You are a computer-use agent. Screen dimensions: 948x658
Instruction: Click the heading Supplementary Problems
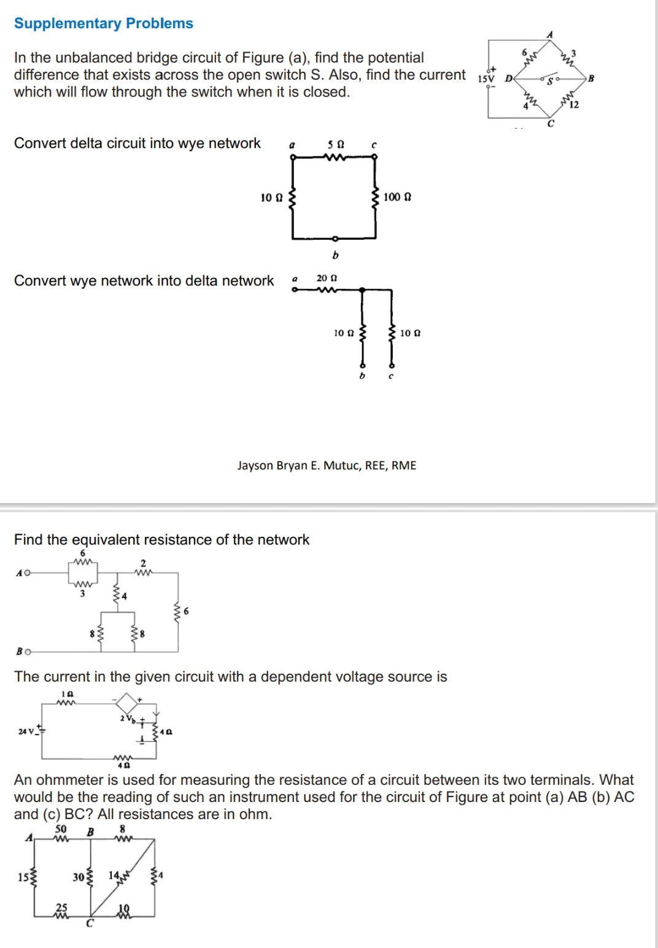click(103, 23)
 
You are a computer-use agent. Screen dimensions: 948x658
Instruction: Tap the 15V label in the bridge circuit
click(486, 79)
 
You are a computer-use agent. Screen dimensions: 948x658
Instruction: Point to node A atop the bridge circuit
click(550, 35)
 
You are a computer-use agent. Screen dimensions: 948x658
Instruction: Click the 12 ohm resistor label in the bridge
click(574, 105)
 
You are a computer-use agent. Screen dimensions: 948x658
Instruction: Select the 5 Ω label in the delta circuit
click(336, 145)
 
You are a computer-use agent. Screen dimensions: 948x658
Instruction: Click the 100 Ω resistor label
click(397, 197)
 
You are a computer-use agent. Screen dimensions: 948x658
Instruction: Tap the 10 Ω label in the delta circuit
click(271, 198)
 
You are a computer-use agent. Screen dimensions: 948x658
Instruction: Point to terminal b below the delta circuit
click(335, 255)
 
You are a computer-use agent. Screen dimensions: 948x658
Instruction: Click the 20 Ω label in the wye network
click(327, 278)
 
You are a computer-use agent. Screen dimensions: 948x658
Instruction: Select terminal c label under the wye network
click(391, 376)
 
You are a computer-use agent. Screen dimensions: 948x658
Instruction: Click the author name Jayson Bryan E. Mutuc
click(327, 465)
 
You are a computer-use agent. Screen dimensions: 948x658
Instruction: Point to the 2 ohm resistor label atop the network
click(143, 563)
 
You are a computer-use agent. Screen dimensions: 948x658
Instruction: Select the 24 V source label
click(26, 731)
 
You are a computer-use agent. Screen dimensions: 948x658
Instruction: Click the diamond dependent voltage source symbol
click(126, 703)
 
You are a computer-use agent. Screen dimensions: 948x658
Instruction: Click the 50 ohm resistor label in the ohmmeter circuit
click(61, 828)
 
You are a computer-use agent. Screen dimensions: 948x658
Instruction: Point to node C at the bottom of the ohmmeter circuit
click(90, 923)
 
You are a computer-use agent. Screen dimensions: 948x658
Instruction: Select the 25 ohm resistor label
click(61, 907)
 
